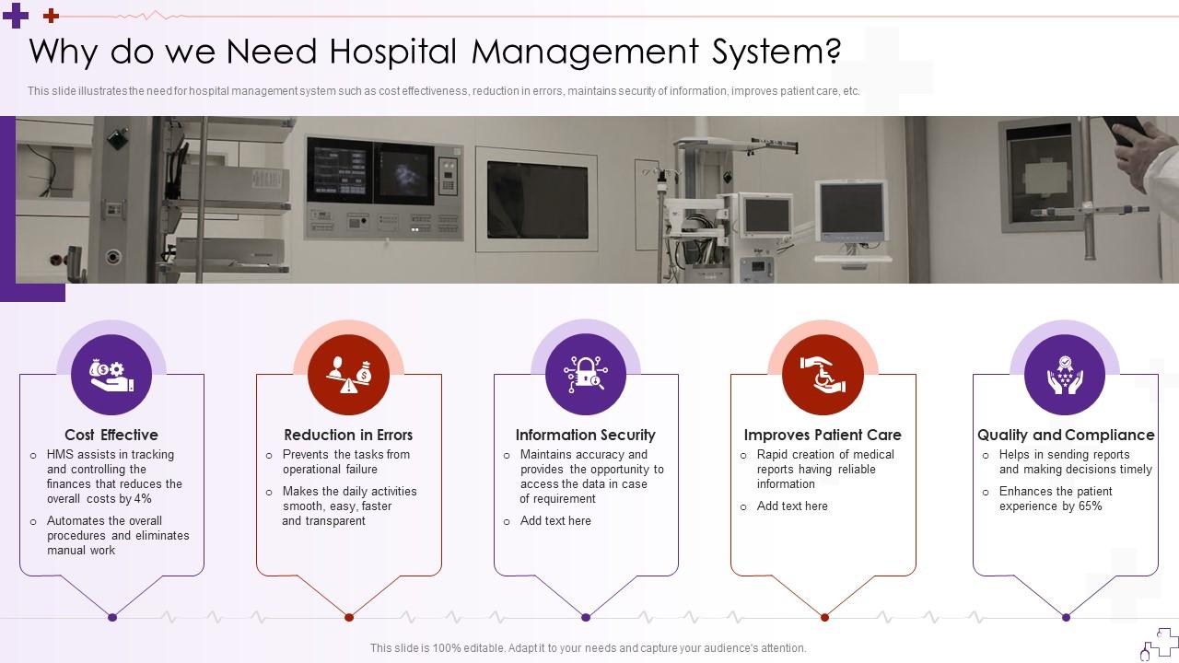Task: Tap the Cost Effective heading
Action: [111, 435]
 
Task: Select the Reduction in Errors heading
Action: [348, 435]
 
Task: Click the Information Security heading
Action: [585, 435]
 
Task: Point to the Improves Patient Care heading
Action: [823, 435]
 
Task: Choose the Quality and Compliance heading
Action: [1066, 435]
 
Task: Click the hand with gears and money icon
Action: [111, 375]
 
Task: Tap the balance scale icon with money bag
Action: [348, 375]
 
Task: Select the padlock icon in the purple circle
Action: [586, 375]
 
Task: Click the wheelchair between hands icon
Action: [823, 375]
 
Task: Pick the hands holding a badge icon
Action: [1065, 375]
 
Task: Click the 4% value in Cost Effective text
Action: [142, 499]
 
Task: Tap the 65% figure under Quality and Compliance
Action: [1090, 506]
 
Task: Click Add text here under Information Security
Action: [555, 521]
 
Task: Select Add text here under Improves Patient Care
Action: [792, 506]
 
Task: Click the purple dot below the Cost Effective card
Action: [112, 617]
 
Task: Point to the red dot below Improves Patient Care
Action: [824, 617]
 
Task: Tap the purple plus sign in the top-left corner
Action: [16, 16]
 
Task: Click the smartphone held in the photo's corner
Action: [1126, 130]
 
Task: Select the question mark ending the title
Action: [833, 52]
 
